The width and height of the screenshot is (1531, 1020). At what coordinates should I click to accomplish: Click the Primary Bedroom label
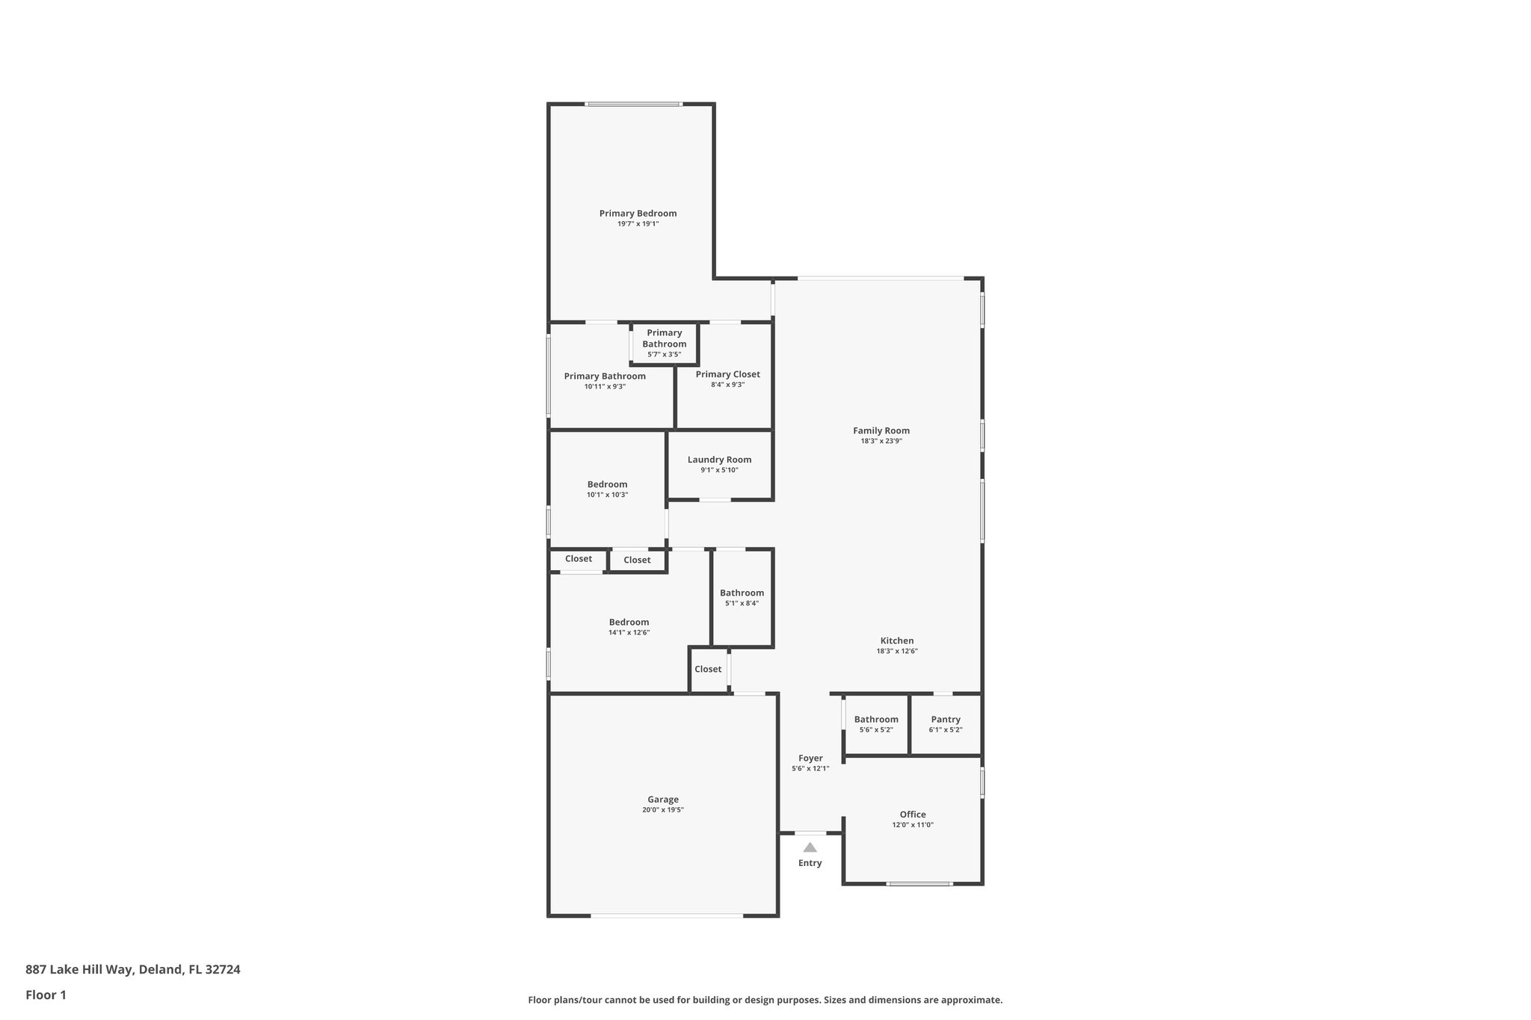(x=638, y=214)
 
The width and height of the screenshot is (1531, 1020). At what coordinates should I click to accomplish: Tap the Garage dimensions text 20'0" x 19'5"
(x=662, y=810)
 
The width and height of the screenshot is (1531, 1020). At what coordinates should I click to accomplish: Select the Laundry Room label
(x=719, y=460)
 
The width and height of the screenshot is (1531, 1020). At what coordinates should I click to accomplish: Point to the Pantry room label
(x=946, y=720)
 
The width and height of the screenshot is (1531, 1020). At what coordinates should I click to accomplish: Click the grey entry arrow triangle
(x=810, y=847)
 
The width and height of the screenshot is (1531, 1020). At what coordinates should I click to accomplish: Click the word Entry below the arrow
(x=810, y=863)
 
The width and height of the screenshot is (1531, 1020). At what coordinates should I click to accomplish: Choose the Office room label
(x=913, y=815)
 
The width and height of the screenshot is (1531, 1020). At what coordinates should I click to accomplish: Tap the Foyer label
(x=810, y=758)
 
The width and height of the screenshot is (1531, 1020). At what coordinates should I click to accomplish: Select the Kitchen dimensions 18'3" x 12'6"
(x=897, y=652)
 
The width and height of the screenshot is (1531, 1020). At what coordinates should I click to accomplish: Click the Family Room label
(x=881, y=431)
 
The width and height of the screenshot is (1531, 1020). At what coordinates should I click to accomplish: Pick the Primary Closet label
(x=727, y=374)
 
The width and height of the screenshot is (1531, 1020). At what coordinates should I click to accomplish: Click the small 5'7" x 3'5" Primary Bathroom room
(x=664, y=344)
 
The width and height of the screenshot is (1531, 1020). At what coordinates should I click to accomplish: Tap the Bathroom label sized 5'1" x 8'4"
(x=742, y=593)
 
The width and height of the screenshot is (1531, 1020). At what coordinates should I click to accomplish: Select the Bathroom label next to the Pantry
(x=876, y=720)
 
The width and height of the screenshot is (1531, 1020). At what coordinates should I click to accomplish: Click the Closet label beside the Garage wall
(x=708, y=670)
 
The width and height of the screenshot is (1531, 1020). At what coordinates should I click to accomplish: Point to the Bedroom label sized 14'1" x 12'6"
(x=629, y=622)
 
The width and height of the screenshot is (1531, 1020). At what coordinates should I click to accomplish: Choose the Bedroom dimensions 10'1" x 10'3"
(x=607, y=495)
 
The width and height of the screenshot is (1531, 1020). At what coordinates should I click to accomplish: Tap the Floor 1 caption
(x=46, y=995)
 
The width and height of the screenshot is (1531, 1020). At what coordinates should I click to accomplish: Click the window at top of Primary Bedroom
(x=633, y=105)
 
